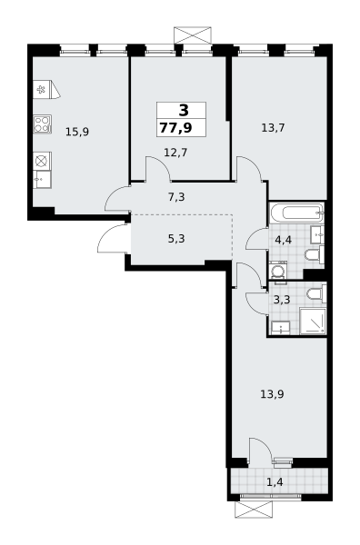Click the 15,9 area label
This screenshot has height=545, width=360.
[x=77, y=132]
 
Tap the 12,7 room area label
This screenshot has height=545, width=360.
[x=175, y=153]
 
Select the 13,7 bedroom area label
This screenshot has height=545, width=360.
[x=273, y=128]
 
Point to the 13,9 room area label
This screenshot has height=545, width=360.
[x=273, y=394]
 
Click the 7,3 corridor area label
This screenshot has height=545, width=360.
[x=176, y=197]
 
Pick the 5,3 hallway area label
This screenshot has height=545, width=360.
[x=176, y=239]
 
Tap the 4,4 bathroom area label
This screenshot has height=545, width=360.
[x=283, y=240]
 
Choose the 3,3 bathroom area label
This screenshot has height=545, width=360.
[x=282, y=300]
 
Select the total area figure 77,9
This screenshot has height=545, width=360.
[x=176, y=127]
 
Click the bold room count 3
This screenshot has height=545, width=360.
[x=184, y=111]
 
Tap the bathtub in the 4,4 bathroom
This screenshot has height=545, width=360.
[x=296, y=213]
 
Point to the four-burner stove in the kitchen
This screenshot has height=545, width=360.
[x=43, y=124]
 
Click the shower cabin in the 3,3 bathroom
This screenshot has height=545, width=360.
[x=313, y=321]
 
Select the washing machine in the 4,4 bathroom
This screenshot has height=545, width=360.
[x=278, y=271]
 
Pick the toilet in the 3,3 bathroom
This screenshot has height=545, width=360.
[x=317, y=293]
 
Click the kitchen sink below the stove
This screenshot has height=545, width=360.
[x=43, y=179]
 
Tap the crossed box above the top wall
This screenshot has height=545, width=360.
[x=193, y=35]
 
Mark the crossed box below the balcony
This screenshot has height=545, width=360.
[x=254, y=510]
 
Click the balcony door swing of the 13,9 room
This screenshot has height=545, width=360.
[x=260, y=451]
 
